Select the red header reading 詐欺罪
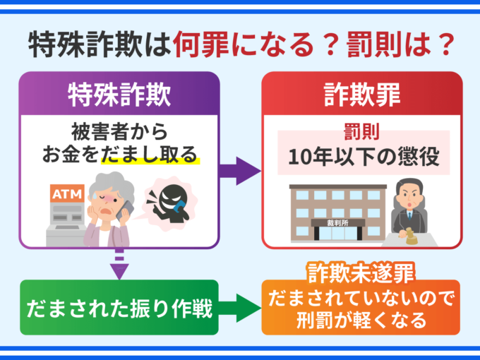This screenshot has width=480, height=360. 362,93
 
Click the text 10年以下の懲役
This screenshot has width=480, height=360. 363,159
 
